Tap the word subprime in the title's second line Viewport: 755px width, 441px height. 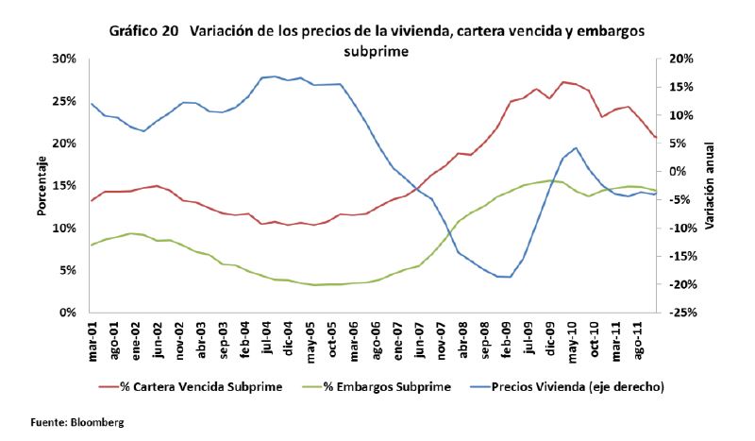pos(377,52)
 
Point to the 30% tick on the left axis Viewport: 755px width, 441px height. pos(64,59)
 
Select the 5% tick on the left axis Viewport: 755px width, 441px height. pos(67,270)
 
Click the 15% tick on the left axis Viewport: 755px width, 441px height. pos(64,185)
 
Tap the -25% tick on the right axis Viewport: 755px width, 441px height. pos(680,313)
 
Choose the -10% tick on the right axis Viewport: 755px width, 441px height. pos(680,228)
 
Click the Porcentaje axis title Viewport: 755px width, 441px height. pos(42,185)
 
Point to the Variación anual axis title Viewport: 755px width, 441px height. pos(709,185)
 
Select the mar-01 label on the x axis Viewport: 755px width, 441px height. pos(92,339)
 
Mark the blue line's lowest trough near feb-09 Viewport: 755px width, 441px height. pos(508,277)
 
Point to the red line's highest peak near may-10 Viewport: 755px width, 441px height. pos(563,82)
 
